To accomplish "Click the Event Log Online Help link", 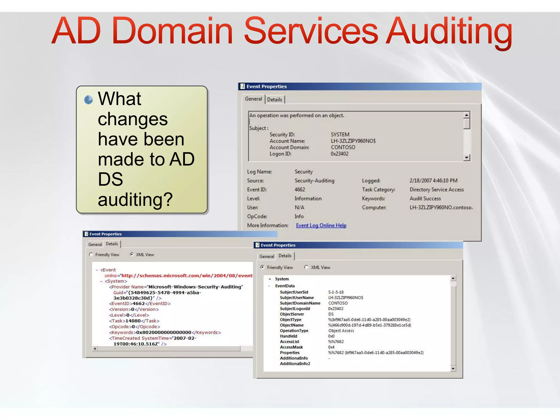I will [x=321, y=226].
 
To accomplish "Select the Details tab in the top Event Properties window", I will [x=275, y=100].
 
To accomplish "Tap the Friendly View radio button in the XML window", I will [x=91, y=255].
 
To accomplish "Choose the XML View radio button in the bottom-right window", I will [x=306, y=267].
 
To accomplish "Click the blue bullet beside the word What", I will [x=88, y=100].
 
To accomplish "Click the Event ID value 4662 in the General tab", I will [x=300, y=189].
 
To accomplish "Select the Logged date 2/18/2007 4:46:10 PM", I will [x=433, y=181].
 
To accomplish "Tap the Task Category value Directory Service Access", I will [x=437, y=189].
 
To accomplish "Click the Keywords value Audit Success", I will [x=425, y=199].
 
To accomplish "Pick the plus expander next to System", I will [x=270, y=279].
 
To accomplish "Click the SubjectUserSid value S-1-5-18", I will [x=336, y=292].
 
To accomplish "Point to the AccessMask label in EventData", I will [x=291, y=347].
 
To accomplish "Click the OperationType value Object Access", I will [x=341, y=331].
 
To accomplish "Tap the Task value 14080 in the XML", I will [x=133, y=321].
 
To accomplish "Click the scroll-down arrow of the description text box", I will [x=467, y=157].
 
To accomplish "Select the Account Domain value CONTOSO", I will [x=343, y=147].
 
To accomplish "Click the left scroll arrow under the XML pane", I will [x=95, y=349].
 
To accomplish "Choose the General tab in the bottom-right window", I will [x=267, y=256].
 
